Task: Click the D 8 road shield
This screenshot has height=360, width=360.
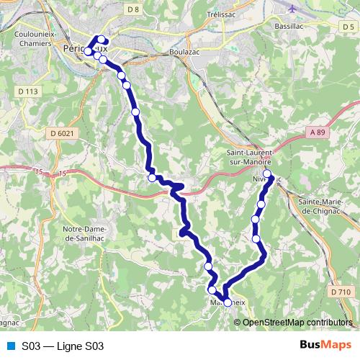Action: point(132,9)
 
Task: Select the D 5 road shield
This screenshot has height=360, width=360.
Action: point(348,27)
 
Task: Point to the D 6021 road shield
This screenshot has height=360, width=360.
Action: point(63,132)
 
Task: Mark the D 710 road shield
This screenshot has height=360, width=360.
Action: point(342,292)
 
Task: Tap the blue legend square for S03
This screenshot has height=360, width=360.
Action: point(10,346)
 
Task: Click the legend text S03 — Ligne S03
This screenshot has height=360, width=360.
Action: point(63,346)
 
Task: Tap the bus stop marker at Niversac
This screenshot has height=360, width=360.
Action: point(267,174)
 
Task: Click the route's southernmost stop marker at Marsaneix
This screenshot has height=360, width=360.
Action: point(228,303)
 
